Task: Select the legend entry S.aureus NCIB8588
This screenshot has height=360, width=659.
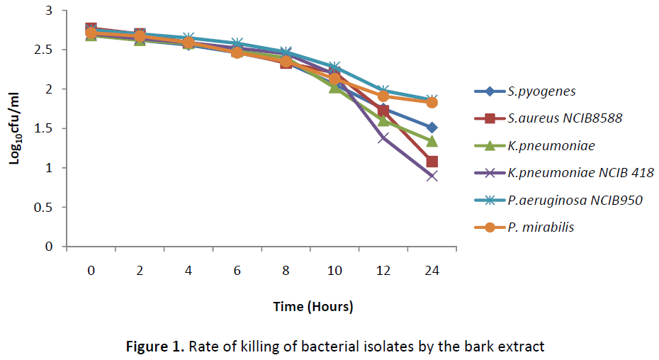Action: point(565,118)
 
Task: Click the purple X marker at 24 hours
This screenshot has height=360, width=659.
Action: point(432,176)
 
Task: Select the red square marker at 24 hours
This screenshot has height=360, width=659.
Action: point(432,162)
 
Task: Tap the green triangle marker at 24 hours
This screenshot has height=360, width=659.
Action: point(432,141)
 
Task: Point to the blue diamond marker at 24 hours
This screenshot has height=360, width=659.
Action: point(432,128)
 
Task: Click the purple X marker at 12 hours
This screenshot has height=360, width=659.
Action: point(383,137)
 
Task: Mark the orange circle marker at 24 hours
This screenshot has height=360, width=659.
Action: point(432,103)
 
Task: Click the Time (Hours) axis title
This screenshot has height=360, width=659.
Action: point(313,307)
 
